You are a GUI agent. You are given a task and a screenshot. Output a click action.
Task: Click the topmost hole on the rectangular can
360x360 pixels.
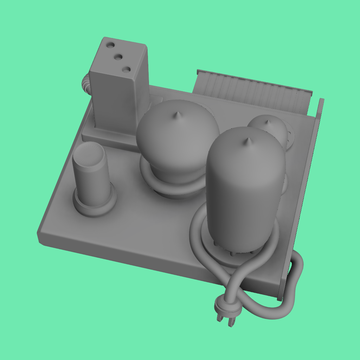point(110,45)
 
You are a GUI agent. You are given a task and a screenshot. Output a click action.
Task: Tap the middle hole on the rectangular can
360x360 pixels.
point(119,57)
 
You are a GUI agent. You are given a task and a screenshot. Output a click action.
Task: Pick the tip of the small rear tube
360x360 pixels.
point(267,122)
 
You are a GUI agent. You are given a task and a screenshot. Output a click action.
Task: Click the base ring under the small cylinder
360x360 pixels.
point(94,207)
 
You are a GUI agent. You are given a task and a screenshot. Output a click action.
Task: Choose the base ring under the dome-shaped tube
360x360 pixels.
point(172,188)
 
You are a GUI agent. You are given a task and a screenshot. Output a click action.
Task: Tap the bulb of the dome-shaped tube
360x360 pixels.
point(178,137)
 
